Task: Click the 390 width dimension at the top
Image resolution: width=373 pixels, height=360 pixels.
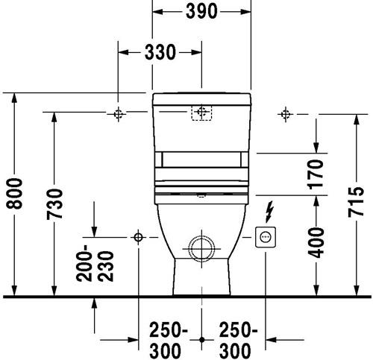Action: pyautogui.click(x=201, y=11)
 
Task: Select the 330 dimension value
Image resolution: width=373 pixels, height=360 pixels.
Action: pyautogui.click(x=160, y=52)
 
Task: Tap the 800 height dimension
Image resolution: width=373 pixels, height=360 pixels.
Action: pyautogui.click(x=14, y=193)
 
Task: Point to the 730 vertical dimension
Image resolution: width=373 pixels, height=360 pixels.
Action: pyautogui.click(x=54, y=204)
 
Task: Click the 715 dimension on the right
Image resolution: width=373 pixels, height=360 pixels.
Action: pyautogui.click(x=356, y=202)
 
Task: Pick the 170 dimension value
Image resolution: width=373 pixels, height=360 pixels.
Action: pyautogui.click(x=316, y=174)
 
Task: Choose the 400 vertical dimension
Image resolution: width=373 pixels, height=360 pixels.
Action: pyautogui.click(x=316, y=243)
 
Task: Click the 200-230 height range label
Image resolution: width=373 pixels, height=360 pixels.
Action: pyautogui.click(x=95, y=263)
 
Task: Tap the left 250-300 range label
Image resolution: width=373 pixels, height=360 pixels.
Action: pyautogui.click(x=169, y=340)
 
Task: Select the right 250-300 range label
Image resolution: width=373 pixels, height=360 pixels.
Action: pyautogui.click(x=238, y=340)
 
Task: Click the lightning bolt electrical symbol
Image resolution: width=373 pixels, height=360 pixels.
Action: pyautogui.click(x=269, y=212)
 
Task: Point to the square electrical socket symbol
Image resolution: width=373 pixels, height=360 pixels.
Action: pyautogui.click(x=266, y=237)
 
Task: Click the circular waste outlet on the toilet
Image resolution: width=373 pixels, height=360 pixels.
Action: pyautogui.click(x=201, y=248)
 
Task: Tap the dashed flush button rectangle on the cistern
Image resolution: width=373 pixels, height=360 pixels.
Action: pyautogui.click(x=201, y=113)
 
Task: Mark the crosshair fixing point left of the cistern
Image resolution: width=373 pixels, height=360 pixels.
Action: pyautogui.click(x=118, y=114)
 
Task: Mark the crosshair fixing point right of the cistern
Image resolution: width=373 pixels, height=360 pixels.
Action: pyautogui.click(x=285, y=114)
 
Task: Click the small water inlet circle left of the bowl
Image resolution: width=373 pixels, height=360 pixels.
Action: pyautogui.click(x=138, y=237)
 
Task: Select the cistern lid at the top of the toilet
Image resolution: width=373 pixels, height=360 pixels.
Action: pyautogui.click(x=201, y=99)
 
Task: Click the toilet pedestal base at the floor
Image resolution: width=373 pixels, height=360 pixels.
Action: pyautogui.click(x=201, y=277)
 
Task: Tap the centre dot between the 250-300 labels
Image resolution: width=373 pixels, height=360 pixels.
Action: pyautogui.click(x=201, y=339)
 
